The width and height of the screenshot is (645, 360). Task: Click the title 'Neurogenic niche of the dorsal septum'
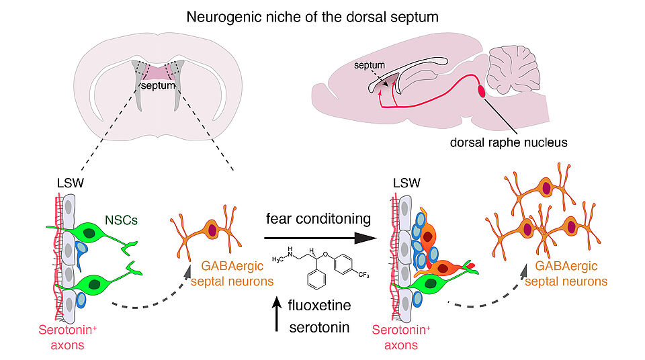point(312,17)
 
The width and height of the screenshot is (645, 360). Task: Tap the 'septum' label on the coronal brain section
point(158,85)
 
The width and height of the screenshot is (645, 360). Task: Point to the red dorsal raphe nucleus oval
point(481,91)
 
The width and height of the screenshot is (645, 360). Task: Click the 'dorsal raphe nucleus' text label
point(509,142)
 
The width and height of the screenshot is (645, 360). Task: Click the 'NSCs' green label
point(121,220)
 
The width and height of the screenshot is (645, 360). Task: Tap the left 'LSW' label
point(71,183)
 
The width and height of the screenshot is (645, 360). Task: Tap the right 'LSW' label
point(406,183)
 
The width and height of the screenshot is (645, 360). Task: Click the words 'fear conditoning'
point(318,218)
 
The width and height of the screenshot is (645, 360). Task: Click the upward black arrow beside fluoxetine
point(277,314)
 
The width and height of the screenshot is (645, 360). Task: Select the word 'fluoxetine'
point(319,306)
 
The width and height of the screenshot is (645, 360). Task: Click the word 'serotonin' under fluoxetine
point(319,328)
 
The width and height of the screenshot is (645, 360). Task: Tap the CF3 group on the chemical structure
point(363,275)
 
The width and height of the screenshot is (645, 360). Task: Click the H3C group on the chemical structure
point(277,260)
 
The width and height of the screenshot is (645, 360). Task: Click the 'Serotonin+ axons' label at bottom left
point(67,337)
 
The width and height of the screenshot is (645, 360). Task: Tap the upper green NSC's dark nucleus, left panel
point(89,233)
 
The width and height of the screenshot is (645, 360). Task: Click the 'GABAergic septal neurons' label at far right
point(566,273)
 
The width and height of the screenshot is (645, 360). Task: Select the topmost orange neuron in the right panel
point(541,188)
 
